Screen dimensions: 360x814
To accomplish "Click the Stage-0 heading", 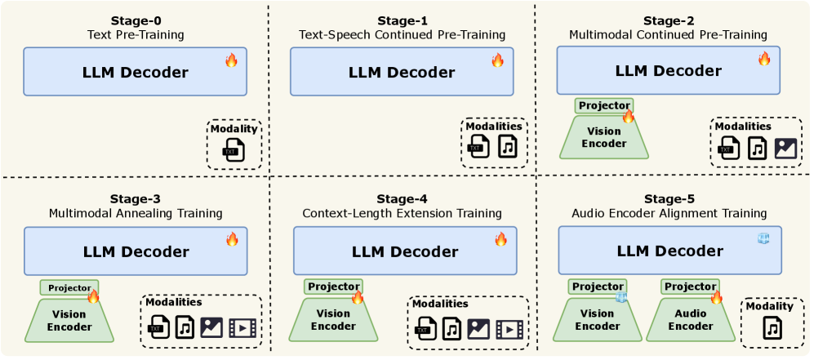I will (x=135, y=20).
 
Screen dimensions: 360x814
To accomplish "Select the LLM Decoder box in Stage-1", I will (x=401, y=72).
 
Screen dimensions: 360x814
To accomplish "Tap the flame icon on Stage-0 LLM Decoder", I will (x=231, y=60).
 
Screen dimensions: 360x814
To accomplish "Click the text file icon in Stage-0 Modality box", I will (x=234, y=150).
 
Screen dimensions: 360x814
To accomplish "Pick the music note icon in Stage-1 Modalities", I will (x=508, y=146).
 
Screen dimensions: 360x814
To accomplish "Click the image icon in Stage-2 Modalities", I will (x=785, y=148).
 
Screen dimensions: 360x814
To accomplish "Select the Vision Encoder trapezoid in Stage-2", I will (x=603, y=137).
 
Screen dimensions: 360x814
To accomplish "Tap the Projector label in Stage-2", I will (x=603, y=105).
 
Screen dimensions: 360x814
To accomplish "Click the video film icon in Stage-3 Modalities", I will (x=242, y=328).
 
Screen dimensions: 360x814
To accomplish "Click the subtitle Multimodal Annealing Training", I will (x=135, y=213).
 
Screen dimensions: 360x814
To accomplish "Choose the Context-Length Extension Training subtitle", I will (x=402, y=213).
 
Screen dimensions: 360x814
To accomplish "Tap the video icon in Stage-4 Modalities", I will (x=507, y=328).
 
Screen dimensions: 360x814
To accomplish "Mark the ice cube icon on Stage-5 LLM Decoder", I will (x=763, y=238).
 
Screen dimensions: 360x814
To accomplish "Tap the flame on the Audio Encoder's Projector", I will (x=716, y=297).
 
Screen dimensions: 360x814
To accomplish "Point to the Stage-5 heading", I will (x=668, y=198).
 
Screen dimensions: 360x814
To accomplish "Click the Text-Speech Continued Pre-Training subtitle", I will (x=401, y=35).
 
